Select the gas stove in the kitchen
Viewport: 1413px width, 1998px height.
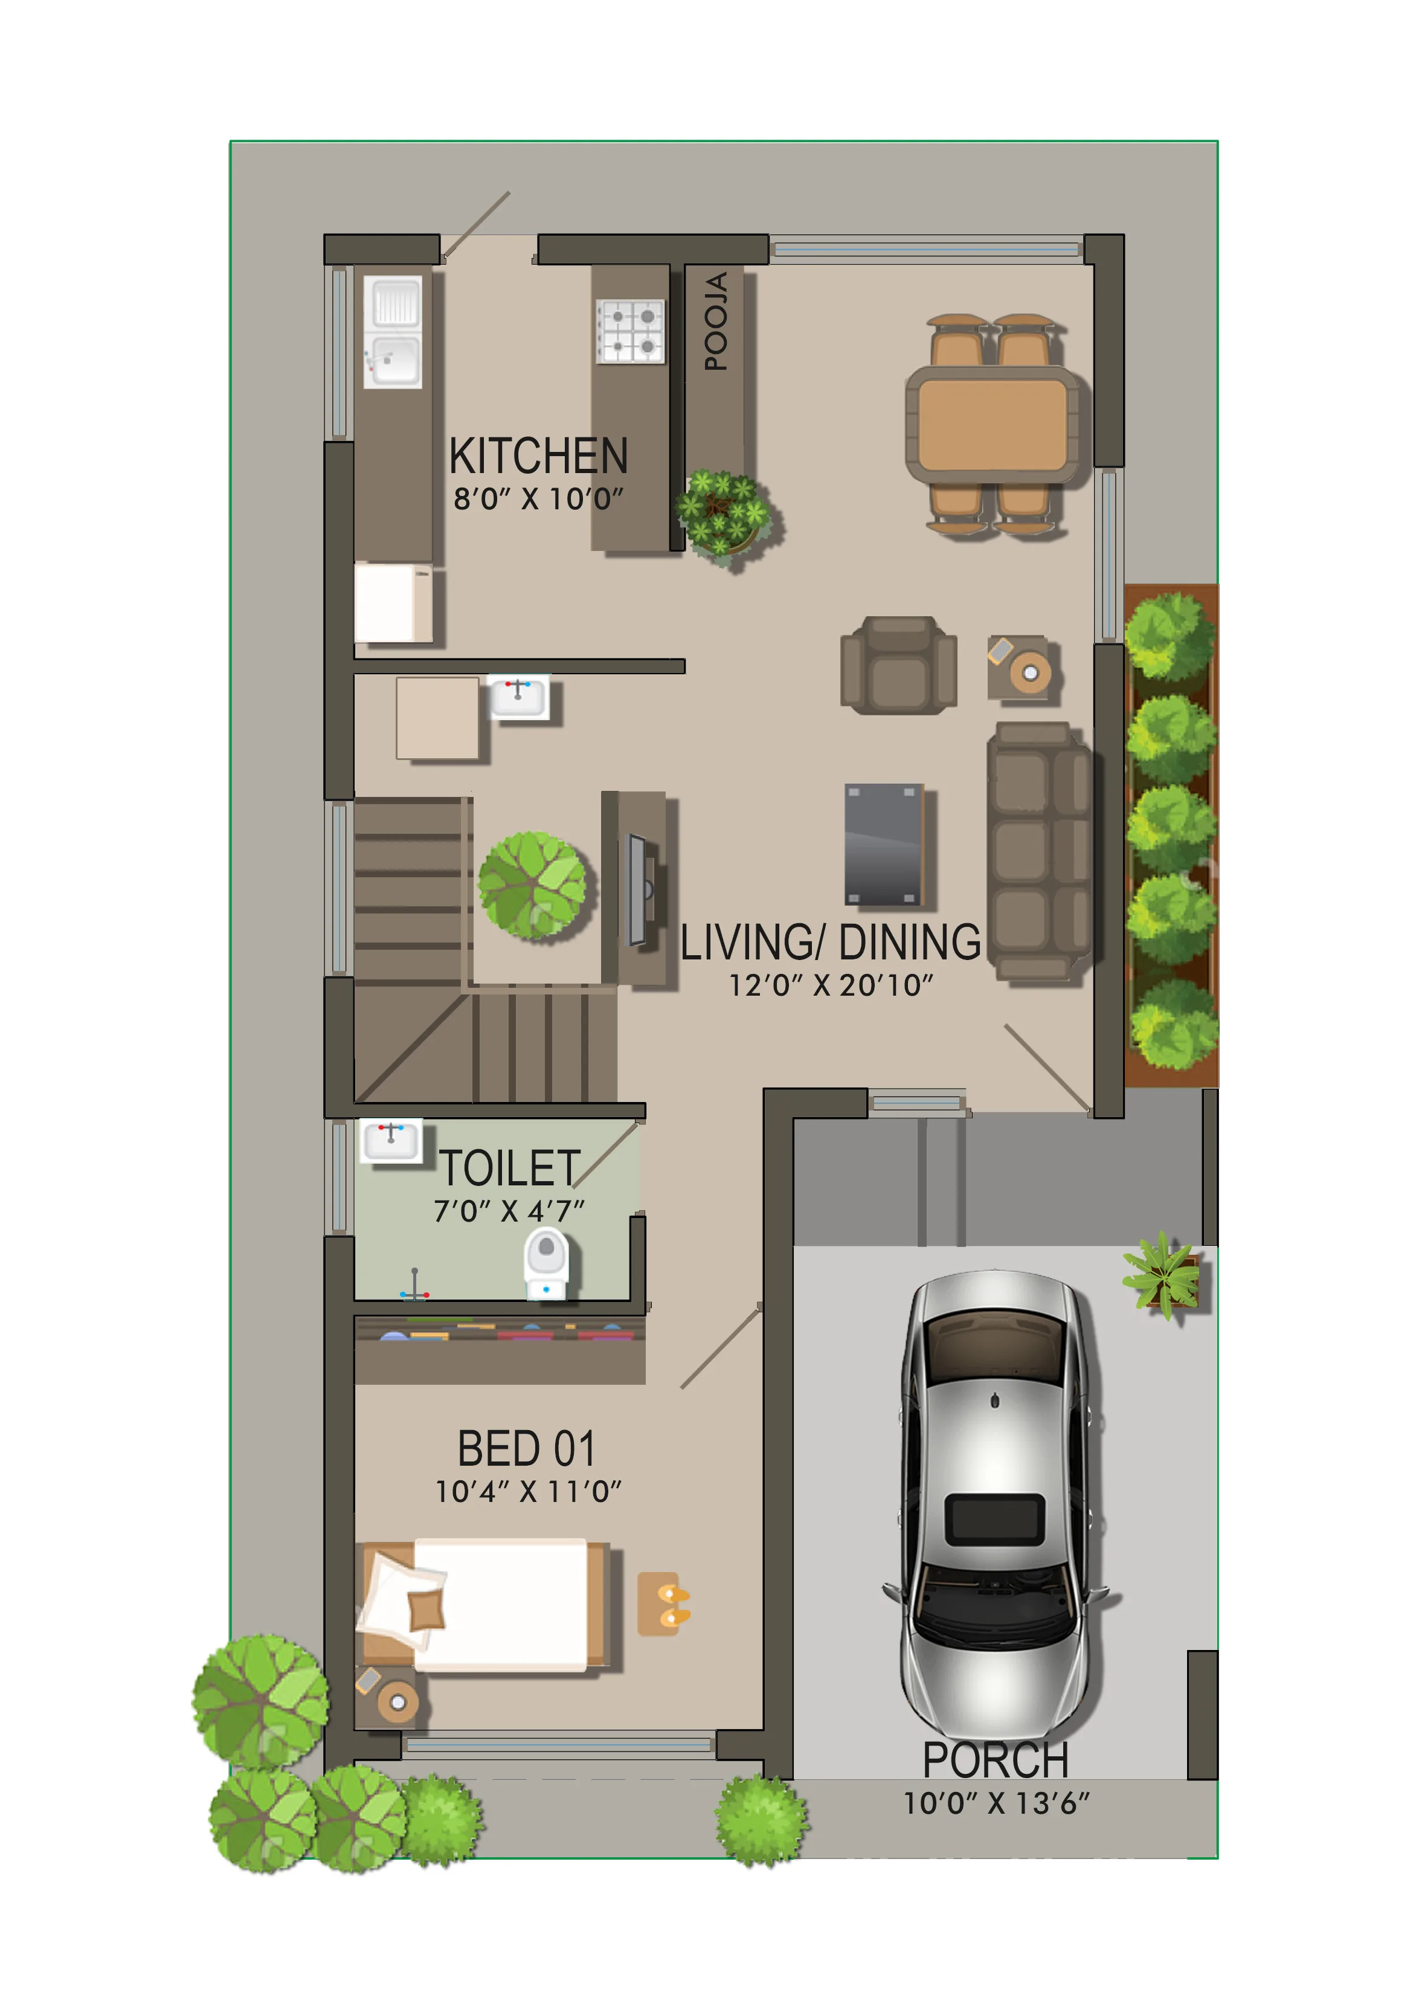[x=630, y=330]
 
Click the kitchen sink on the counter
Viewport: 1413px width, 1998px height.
[x=393, y=332]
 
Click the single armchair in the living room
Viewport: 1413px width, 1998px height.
[x=899, y=666]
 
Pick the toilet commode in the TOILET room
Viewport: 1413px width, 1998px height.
[x=546, y=1262]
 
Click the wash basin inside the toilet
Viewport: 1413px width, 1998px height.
[x=391, y=1141]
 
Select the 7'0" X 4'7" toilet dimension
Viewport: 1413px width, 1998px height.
[x=509, y=1211]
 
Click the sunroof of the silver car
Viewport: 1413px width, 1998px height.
[x=994, y=1519]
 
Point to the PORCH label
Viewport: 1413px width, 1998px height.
[x=996, y=1761]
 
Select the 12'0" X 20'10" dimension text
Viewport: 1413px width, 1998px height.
[x=831, y=985]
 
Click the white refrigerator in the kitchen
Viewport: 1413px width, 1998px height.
[x=393, y=603]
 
